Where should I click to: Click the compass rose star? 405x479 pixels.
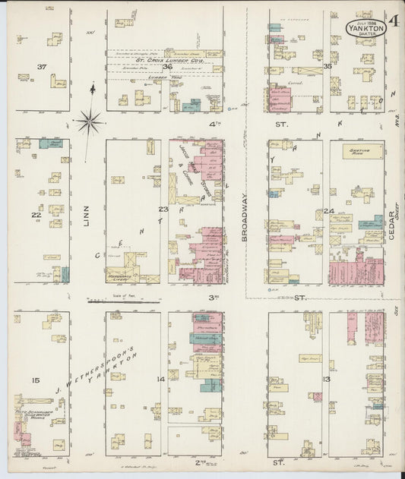[90, 119]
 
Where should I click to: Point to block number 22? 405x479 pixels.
[35, 215]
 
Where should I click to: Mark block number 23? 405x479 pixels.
[163, 209]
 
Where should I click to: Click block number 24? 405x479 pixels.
[328, 211]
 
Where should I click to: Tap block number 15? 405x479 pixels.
[34, 380]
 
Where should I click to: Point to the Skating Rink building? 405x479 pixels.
[360, 152]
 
